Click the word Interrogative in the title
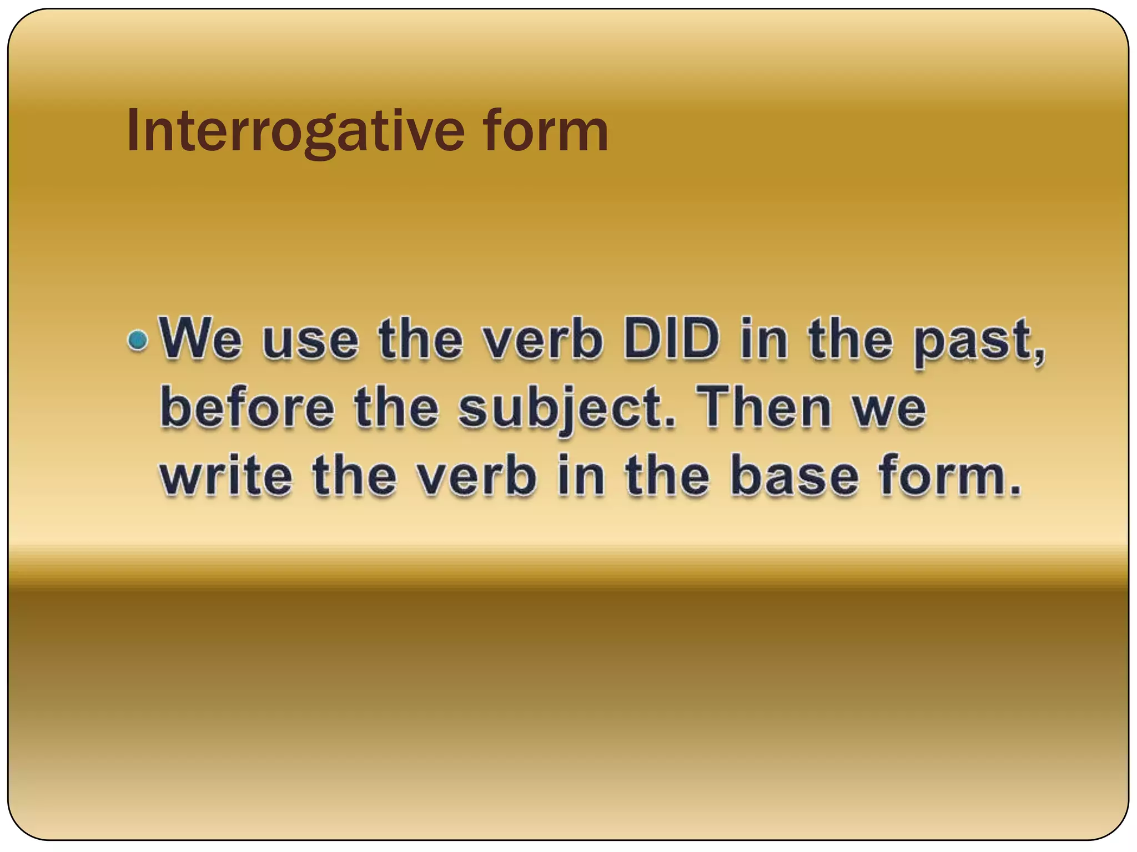(x=295, y=131)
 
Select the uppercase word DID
(x=671, y=339)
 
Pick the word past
(x=972, y=341)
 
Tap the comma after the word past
(x=1039, y=355)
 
